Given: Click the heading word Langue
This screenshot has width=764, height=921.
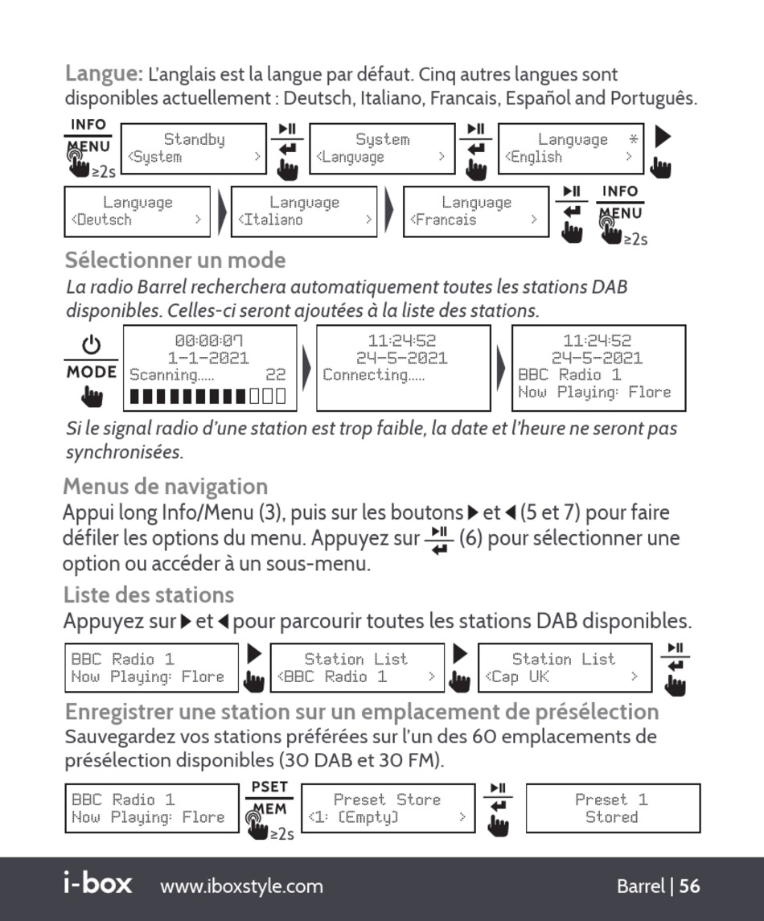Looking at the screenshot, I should [x=104, y=74].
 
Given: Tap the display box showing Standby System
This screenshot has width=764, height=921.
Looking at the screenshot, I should [x=195, y=149].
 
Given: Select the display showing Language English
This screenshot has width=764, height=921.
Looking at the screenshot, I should [x=572, y=149].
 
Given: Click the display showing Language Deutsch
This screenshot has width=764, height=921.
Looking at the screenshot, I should [x=138, y=212].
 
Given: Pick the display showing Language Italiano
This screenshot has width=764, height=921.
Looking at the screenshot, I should [x=304, y=212].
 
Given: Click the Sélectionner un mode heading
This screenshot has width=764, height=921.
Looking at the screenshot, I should [x=175, y=260].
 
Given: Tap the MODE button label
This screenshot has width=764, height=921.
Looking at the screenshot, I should [x=92, y=372].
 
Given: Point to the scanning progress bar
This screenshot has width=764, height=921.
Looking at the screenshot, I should [x=207, y=396].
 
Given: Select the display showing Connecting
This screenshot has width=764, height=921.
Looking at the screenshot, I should [x=403, y=368].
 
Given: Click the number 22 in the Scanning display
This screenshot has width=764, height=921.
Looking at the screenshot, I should [x=276, y=375].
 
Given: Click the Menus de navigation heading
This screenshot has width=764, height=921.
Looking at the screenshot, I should [x=165, y=487].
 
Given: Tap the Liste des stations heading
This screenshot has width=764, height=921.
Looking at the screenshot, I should [x=149, y=595].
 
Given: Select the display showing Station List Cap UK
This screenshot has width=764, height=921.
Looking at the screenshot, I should [x=565, y=668].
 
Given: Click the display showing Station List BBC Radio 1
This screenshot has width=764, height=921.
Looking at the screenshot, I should [x=357, y=668].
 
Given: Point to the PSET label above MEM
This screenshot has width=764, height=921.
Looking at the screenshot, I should [x=269, y=787].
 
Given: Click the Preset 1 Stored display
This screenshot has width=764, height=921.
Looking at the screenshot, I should [x=612, y=808].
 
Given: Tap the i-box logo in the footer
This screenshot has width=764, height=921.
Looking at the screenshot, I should [x=97, y=884].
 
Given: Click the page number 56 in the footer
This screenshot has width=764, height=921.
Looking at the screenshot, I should [x=690, y=886].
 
